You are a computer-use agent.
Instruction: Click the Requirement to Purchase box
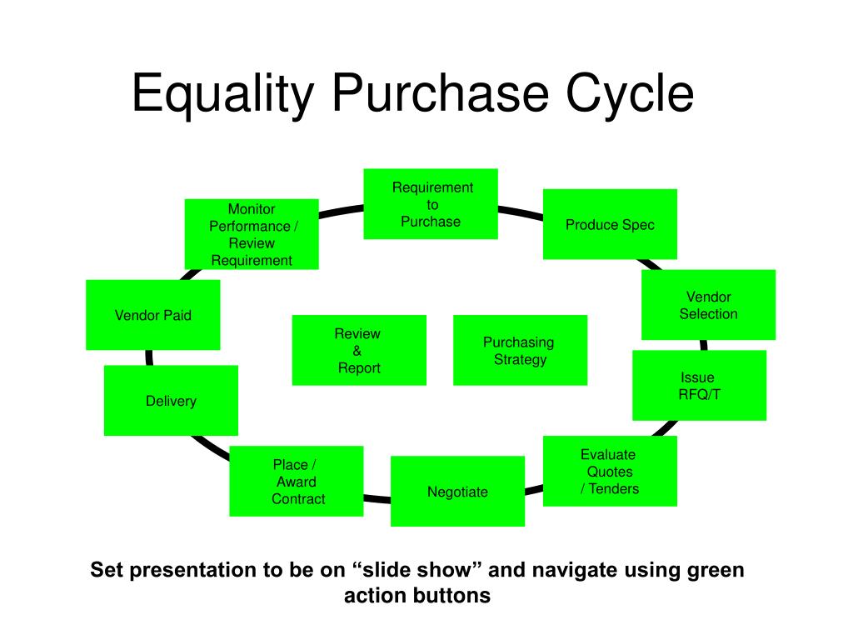pyautogui.click(x=431, y=204)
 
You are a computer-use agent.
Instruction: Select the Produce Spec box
pyautogui.click(x=610, y=224)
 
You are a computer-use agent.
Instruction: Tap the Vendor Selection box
pyautogui.click(x=708, y=305)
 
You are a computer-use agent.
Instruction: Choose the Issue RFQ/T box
pyautogui.click(x=699, y=385)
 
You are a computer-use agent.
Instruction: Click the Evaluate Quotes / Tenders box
pyautogui.click(x=610, y=471)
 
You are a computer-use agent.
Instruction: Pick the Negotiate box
pyautogui.click(x=457, y=492)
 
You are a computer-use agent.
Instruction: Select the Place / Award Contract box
pyautogui.click(x=296, y=482)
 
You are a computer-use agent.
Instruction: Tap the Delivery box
pyautogui.click(x=171, y=401)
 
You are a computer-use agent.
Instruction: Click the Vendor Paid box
pyautogui.click(x=152, y=315)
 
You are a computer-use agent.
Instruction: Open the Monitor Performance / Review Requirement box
pyautogui.click(x=252, y=234)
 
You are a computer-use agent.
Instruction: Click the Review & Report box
pyautogui.click(x=359, y=350)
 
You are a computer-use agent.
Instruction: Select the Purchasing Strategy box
pyautogui.click(x=520, y=350)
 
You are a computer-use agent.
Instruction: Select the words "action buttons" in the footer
pyautogui.click(x=417, y=597)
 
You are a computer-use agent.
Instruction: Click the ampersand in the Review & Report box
pyautogui.click(x=357, y=351)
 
